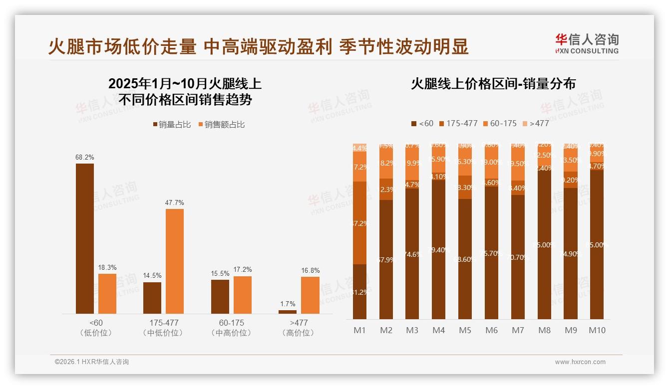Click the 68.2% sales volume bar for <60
[85, 238]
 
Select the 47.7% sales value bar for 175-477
[175, 261]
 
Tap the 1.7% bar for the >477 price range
[288, 312]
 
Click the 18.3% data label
[107, 268]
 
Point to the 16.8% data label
[310, 271]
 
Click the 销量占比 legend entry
[171, 125]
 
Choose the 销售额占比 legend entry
[222, 125]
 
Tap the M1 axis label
[359, 330]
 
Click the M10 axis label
[597, 330]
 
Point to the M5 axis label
[465, 330]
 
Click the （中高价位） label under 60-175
[231, 333]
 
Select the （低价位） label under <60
[96, 333]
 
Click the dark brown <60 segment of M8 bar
[544, 244]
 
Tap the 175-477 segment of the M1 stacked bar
[359, 223]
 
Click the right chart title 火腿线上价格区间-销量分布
[493, 84]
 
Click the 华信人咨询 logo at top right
[587, 43]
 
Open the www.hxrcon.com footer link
[580, 362]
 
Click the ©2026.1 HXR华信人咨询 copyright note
[91, 362]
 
